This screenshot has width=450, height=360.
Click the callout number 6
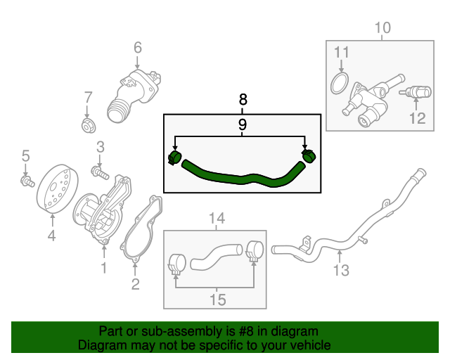[137, 48]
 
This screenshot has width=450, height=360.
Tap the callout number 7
[88, 97]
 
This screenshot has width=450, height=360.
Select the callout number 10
[382, 28]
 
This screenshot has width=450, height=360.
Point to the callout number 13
[340, 270]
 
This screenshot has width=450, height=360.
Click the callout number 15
[217, 300]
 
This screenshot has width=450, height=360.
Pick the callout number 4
[51, 236]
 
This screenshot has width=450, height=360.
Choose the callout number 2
[136, 284]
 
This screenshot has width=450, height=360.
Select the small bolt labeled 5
[27, 181]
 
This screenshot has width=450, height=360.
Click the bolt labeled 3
[98, 169]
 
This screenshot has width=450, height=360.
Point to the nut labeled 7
[89, 126]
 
